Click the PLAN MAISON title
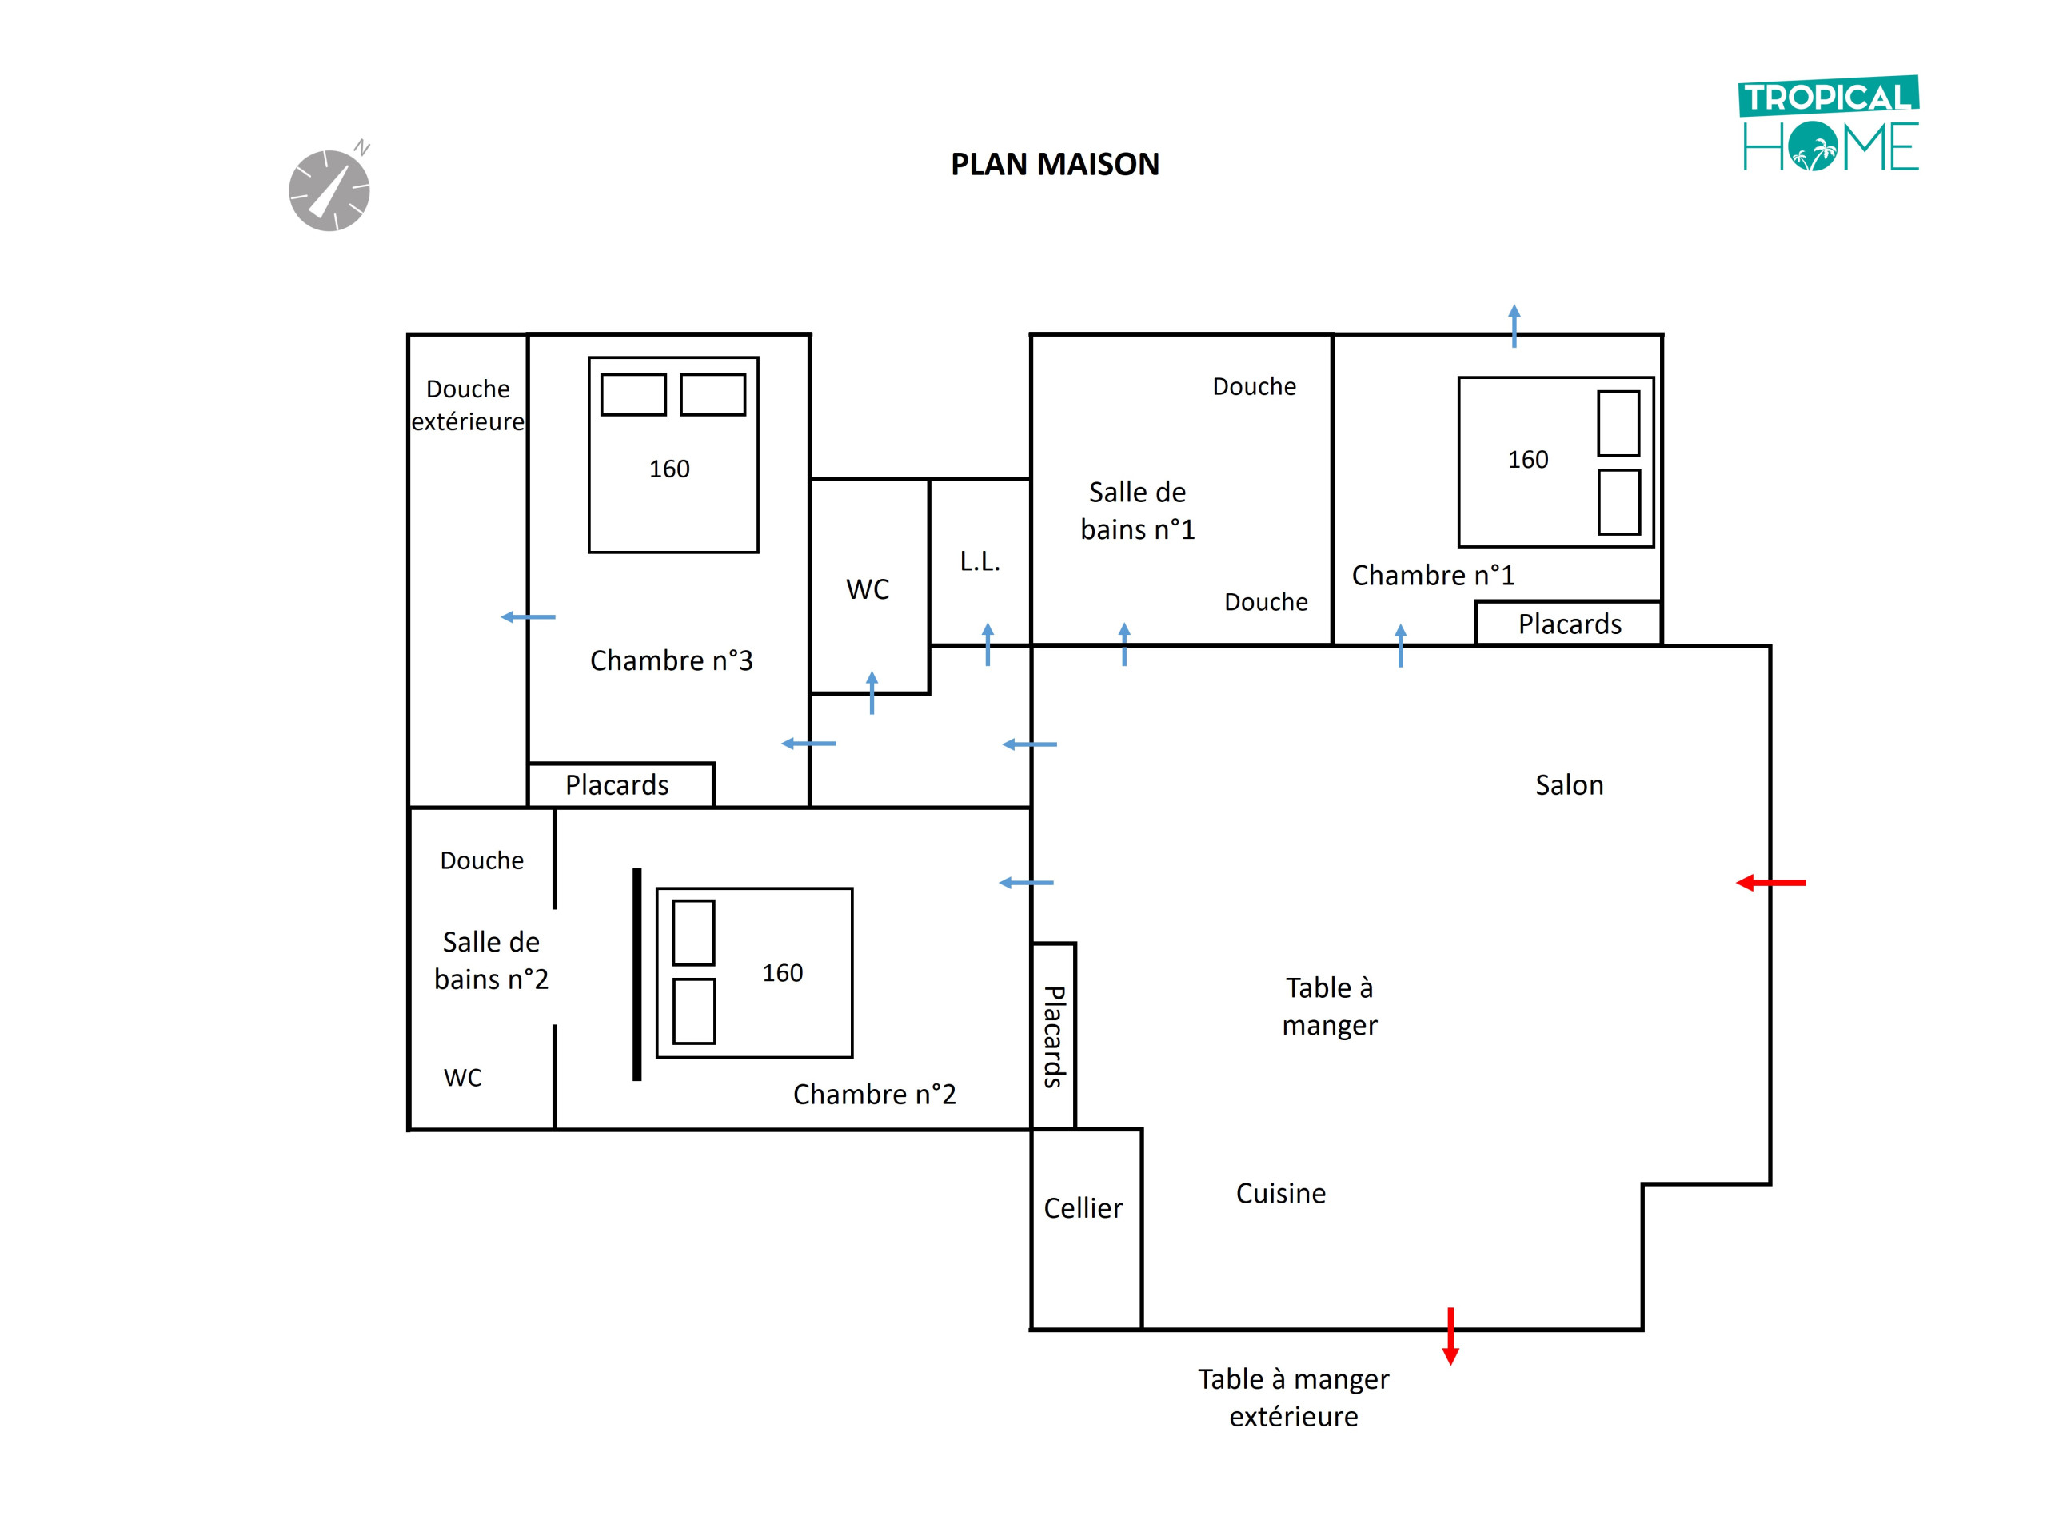tap(1054, 164)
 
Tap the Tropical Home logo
tap(1830, 124)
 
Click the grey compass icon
tap(329, 189)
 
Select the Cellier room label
tap(1083, 1207)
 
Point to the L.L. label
tap(980, 561)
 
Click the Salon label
tap(1570, 784)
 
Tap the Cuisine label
tap(1281, 1193)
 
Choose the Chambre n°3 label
tap(671, 660)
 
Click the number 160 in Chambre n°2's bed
tap(782, 972)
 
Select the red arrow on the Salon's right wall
tap(1770, 883)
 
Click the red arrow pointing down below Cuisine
tap(1450, 1336)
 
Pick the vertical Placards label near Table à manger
tap(1054, 1036)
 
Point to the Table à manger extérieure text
tap(1294, 1397)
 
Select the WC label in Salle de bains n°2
tap(463, 1077)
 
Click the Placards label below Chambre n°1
tap(1570, 624)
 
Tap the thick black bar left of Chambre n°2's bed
tap(636, 975)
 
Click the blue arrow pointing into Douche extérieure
tap(528, 617)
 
